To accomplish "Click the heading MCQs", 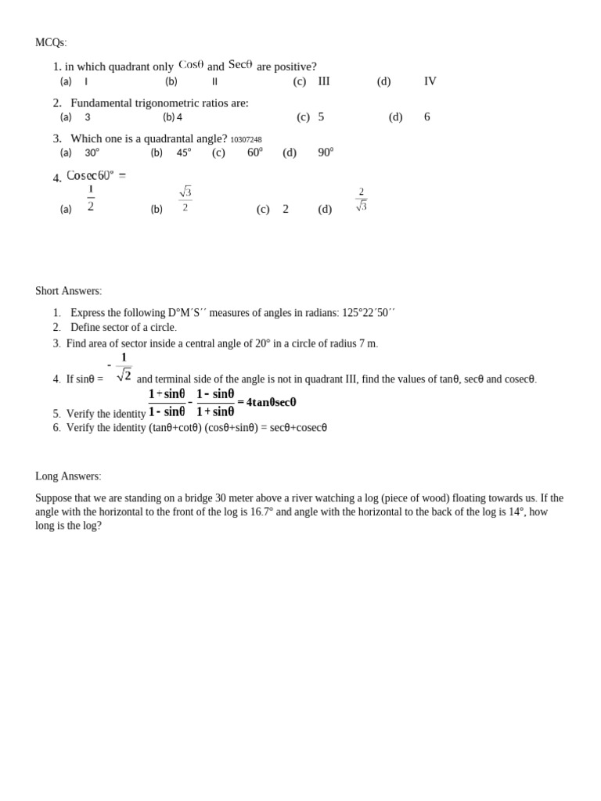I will tap(51, 42).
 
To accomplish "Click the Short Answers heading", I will tap(68, 291).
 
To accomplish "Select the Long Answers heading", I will tap(67, 476).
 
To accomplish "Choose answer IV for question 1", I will tap(430, 81).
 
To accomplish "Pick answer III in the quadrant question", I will tap(324, 81).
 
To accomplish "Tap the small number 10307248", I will tap(246, 140).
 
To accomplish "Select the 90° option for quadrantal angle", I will tap(326, 153).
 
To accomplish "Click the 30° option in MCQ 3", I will tap(92, 153).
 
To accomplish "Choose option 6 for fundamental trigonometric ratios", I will tap(427, 117).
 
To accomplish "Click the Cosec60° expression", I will tap(95, 176).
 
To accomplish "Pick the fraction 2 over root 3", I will tap(362, 199).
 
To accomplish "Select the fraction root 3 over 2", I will tap(185, 199).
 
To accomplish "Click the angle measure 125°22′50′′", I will tap(369, 313).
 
